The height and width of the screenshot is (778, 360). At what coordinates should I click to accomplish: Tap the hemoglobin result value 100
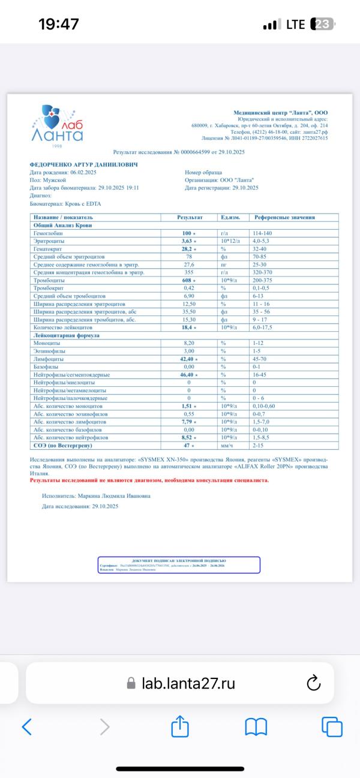(x=187, y=232)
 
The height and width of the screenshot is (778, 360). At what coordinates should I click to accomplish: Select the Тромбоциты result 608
(x=187, y=280)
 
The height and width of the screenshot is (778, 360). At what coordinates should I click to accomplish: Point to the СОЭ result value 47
(x=187, y=446)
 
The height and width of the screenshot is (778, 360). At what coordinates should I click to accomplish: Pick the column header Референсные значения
(x=284, y=217)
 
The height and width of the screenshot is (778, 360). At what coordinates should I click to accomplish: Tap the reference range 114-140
(x=263, y=232)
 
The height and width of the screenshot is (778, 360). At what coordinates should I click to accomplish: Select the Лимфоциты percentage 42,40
(x=190, y=359)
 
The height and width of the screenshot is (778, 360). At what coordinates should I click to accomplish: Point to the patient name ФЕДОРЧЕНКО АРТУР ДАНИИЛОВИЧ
(x=84, y=164)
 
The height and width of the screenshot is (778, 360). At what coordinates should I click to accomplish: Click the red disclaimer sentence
(x=149, y=480)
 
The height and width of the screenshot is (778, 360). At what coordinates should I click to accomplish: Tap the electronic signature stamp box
(x=179, y=564)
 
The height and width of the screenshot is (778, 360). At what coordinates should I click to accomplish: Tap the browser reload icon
(x=313, y=683)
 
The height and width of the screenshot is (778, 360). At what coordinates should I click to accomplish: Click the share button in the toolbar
(x=180, y=727)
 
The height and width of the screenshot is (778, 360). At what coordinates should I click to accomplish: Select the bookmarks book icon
(x=256, y=727)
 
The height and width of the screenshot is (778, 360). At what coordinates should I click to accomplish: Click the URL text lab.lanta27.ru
(x=188, y=683)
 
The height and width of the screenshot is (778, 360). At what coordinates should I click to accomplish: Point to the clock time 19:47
(x=58, y=25)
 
